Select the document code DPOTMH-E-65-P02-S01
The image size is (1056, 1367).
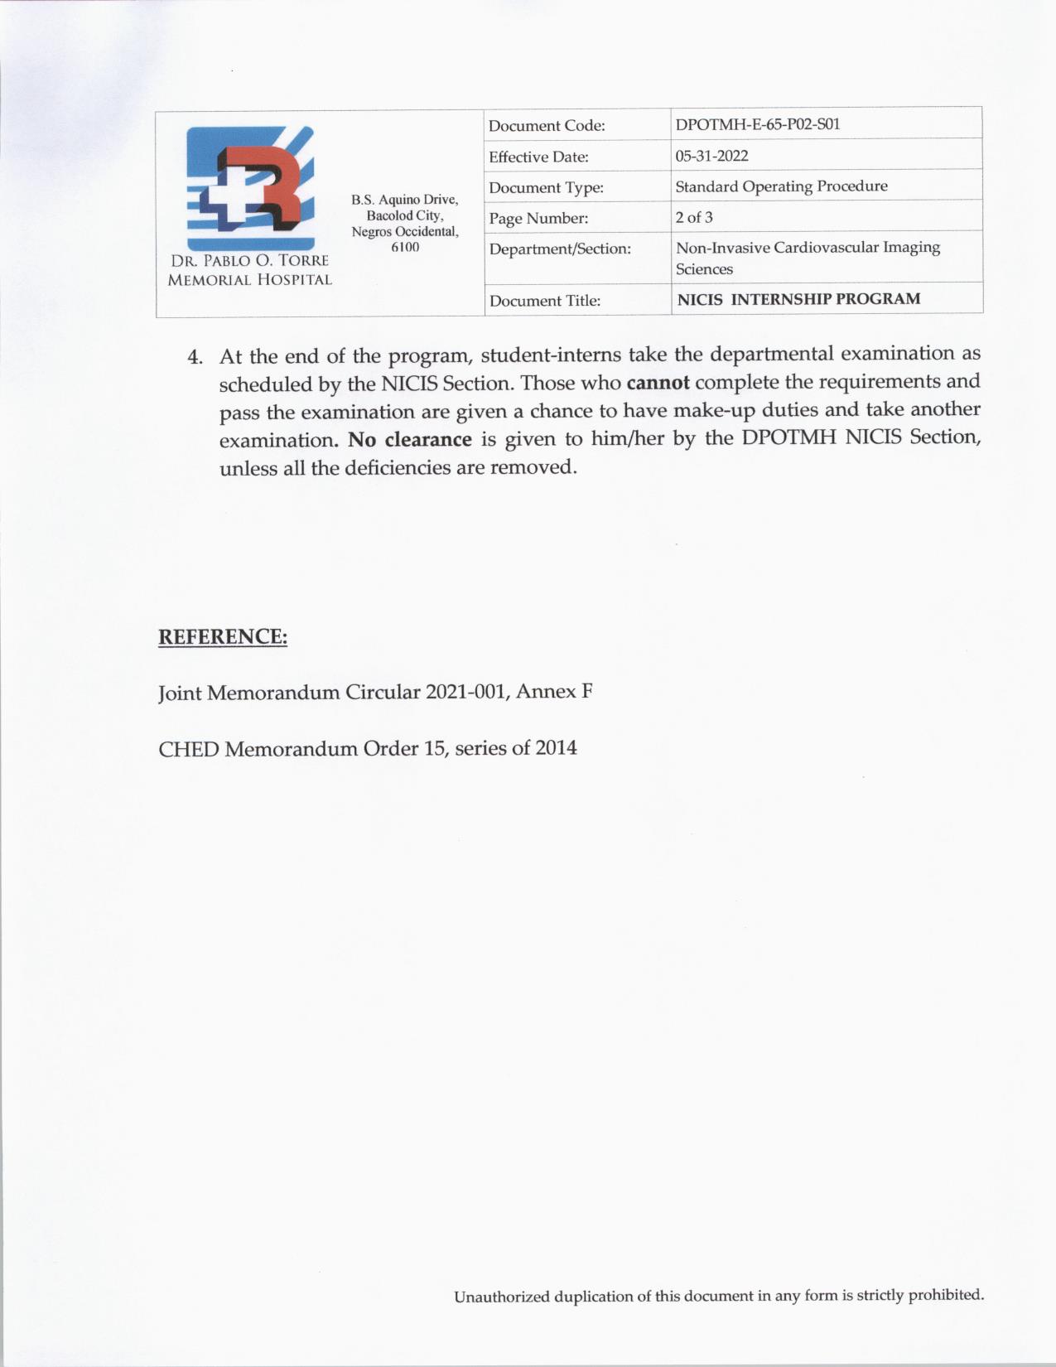pyautogui.click(x=757, y=124)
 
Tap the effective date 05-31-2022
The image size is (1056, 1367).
pyautogui.click(x=711, y=156)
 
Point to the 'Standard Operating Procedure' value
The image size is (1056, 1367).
pyautogui.click(x=781, y=186)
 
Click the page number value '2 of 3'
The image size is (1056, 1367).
pyautogui.click(x=694, y=217)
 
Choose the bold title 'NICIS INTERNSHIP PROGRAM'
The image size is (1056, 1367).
pyautogui.click(x=798, y=299)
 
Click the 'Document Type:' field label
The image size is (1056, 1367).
pyautogui.click(x=546, y=188)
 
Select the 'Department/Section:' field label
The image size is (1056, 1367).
pyautogui.click(x=560, y=249)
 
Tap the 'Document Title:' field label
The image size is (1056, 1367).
pyautogui.click(x=545, y=301)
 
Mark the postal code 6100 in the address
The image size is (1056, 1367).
pyautogui.click(x=405, y=247)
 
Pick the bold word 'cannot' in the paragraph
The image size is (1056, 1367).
pyautogui.click(x=658, y=383)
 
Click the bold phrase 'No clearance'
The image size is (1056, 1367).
pyautogui.click(x=410, y=439)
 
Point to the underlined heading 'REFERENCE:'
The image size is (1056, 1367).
pyautogui.click(x=223, y=637)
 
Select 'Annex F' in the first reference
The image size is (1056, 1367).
pyautogui.click(x=554, y=691)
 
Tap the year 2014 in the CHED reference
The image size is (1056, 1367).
pyautogui.click(x=556, y=748)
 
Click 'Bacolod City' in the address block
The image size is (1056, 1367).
pyautogui.click(x=404, y=215)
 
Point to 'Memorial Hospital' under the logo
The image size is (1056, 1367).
pyautogui.click(x=249, y=280)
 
